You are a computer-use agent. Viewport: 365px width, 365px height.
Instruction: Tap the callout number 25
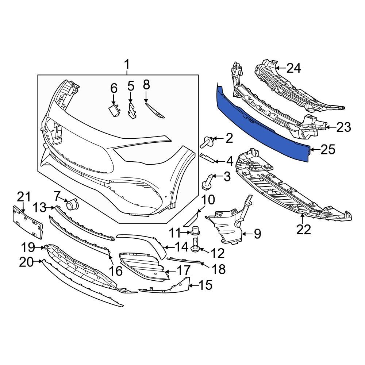[x=327, y=149]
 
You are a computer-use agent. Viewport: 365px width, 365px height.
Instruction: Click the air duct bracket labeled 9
[x=228, y=224]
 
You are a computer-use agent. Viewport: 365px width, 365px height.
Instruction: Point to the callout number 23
[x=343, y=127]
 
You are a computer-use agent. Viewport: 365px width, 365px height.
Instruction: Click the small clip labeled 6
[x=114, y=110]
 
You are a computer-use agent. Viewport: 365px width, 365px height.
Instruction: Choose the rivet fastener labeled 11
[x=196, y=231]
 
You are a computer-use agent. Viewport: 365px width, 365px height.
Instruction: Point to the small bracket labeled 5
[x=131, y=110]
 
